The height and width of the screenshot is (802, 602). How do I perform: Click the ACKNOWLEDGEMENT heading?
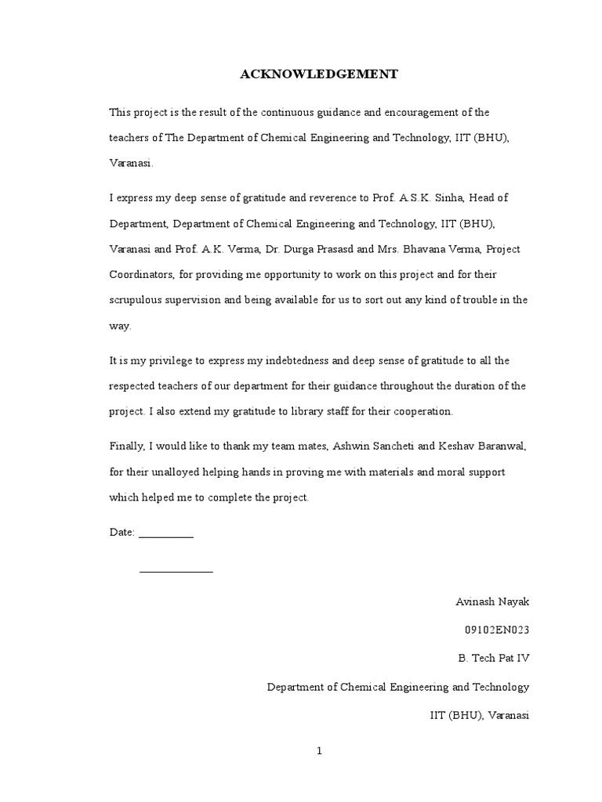click(318, 74)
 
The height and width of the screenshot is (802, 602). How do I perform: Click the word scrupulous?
click(136, 300)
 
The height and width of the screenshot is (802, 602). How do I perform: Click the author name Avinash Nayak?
click(492, 601)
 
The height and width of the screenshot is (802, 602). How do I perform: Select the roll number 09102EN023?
click(498, 630)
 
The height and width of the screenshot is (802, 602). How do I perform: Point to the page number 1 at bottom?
click(319, 750)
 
